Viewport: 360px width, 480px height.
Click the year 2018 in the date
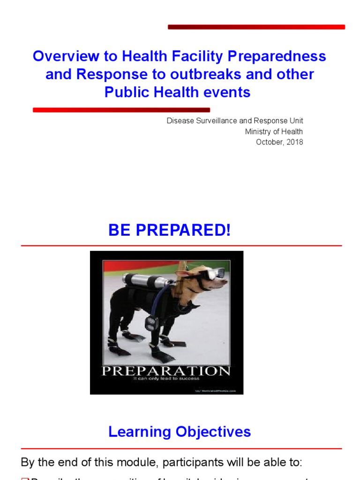coord(294,142)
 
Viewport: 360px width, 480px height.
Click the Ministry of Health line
coord(274,132)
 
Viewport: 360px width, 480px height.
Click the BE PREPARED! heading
coord(170,230)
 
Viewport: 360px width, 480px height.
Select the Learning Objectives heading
coord(180,432)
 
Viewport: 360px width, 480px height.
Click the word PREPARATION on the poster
coord(166,371)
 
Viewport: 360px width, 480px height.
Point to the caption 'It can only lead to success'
coord(166,379)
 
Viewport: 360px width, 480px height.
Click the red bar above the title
coord(256,27)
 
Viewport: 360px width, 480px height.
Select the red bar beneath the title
coord(121,110)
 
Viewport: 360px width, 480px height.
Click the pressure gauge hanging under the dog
coord(151,322)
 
